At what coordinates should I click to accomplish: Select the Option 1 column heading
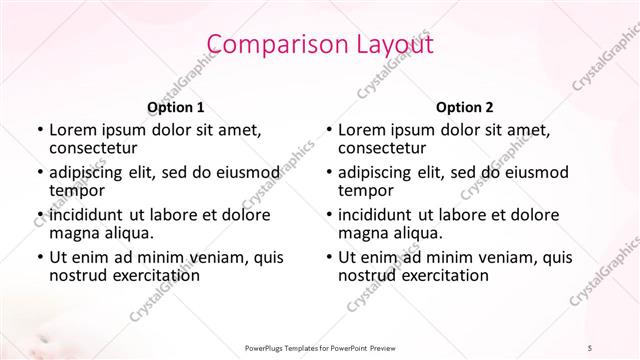point(175,107)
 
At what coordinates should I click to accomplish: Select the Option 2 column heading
point(465,107)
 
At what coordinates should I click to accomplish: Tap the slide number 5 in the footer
point(590,346)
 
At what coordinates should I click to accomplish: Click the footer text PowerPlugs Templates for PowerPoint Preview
point(320,346)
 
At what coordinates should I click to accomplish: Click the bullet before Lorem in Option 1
point(39,130)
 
